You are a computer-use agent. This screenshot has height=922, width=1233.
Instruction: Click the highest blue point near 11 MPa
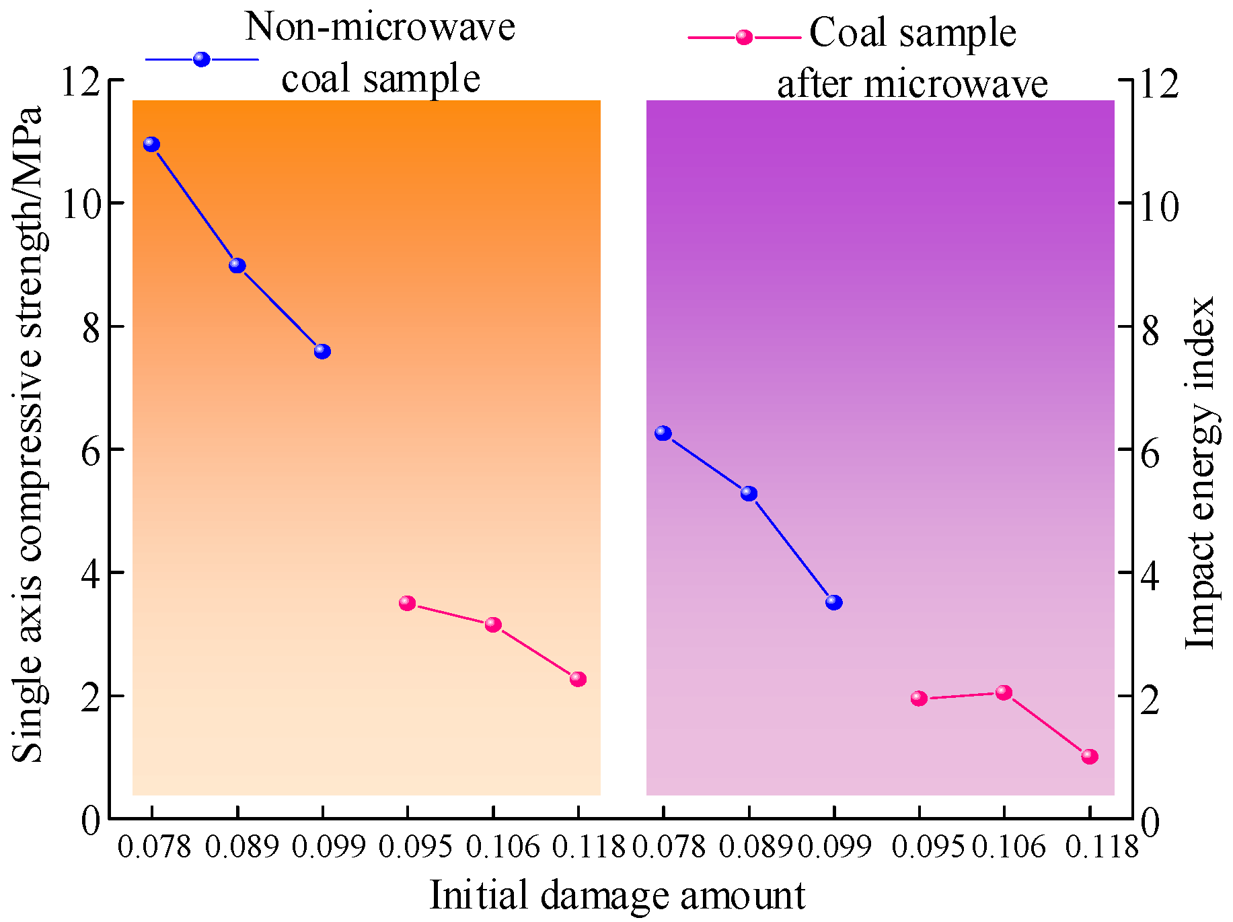click(151, 144)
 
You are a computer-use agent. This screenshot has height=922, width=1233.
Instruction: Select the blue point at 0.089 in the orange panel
click(237, 265)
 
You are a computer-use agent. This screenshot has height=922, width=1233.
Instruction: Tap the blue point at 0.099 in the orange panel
click(322, 351)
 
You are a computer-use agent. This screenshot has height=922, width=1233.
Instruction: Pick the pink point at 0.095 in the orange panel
click(407, 603)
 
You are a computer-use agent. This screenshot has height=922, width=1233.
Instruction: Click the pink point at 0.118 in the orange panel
click(578, 679)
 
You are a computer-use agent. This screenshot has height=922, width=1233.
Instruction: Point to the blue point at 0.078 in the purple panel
click(663, 433)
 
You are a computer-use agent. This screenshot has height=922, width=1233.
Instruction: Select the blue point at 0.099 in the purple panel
click(834, 602)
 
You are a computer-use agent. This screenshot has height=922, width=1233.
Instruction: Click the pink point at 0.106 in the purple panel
click(1004, 693)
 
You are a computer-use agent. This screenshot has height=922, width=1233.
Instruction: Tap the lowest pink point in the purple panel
click(1090, 756)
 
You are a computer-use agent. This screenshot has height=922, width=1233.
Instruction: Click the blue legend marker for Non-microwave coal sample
click(202, 59)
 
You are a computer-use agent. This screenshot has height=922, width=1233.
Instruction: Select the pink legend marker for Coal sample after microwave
click(744, 37)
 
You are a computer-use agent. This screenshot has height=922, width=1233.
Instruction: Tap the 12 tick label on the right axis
click(1159, 83)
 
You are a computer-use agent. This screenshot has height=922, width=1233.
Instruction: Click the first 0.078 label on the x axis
click(154, 846)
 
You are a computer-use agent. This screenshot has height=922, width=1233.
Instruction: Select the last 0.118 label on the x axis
click(1101, 846)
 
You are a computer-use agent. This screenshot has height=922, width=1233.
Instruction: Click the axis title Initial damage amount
click(617, 895)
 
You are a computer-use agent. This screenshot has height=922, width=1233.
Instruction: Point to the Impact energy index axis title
click(1201, 471)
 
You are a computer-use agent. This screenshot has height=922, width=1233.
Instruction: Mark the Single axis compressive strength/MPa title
click(28, 434)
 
